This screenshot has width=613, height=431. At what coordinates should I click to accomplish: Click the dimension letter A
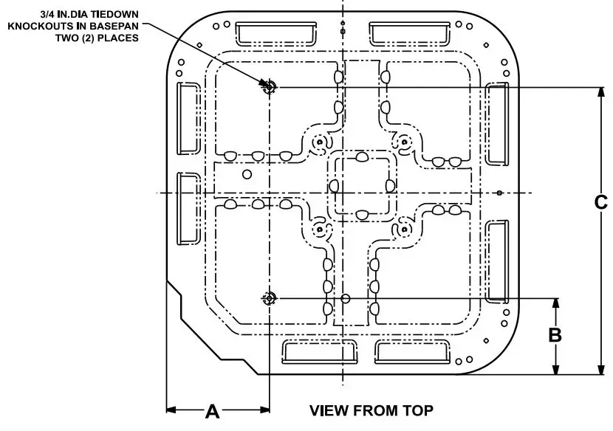(212, 411)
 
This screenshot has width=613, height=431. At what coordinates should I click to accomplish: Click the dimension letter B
(555, 336)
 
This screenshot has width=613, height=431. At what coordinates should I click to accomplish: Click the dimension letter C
(601, 202)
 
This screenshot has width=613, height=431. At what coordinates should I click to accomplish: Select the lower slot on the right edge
(496, 262)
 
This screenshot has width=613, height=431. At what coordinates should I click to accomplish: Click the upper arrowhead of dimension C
(600, 92)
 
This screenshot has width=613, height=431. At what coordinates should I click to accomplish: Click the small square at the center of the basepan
(362, 187)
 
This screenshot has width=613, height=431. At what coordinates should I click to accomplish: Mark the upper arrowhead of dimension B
(555, 303)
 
